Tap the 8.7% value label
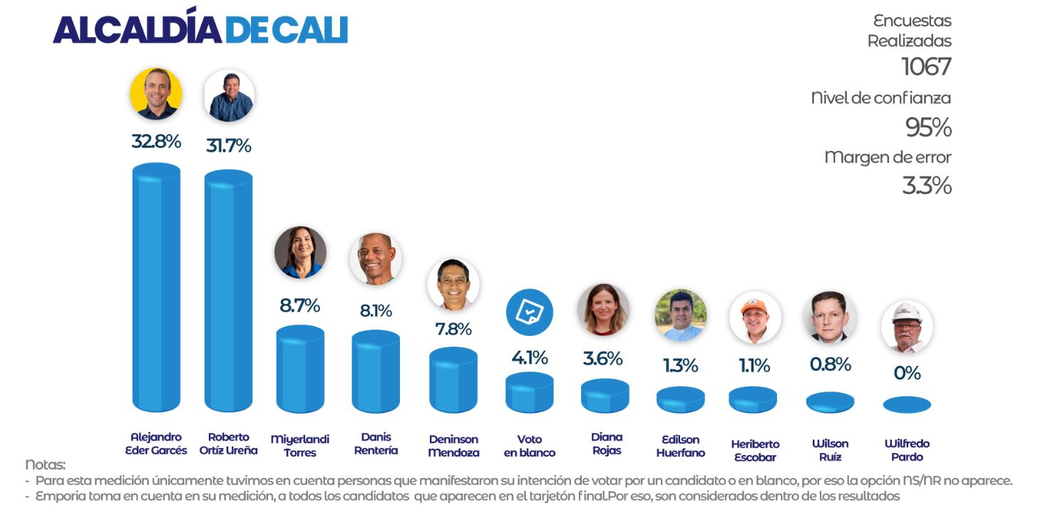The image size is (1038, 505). (x=299, y=306)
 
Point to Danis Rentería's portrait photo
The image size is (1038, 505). (x=376, y=259)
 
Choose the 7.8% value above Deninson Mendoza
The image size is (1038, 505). (x=453, y=329)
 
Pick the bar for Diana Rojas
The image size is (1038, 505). (x=605, y=396)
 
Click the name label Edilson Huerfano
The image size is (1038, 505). (x=680, y=446)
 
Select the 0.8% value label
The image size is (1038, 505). (x=830, y=364)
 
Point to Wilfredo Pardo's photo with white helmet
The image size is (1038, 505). (x=907, y=327)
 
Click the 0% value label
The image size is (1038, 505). (x=907, y=373)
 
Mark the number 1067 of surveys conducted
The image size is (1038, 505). (x=926, y=67)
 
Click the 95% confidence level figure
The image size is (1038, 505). (x=928, y=128)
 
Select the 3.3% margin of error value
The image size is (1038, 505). (x=927, y=185)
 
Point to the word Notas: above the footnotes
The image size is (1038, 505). (x=45, y=464)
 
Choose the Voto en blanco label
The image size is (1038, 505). (x=530, y=446)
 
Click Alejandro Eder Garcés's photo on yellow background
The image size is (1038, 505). (x=156, y=93)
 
